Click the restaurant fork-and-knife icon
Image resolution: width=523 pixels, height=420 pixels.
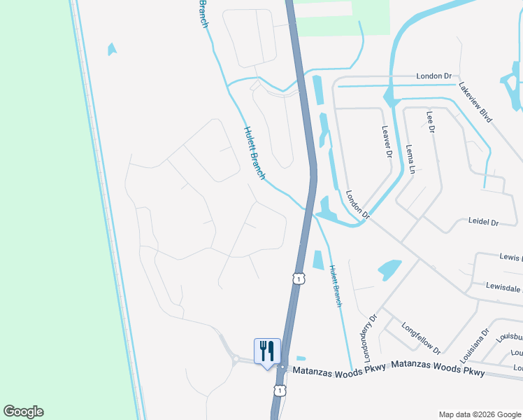click(x=266, y=350)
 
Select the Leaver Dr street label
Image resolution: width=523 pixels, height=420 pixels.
click(x=387, y=141)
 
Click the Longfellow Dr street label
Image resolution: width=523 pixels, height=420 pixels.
click(x=421, y=338)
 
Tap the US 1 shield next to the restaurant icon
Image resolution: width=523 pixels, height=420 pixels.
click(x=279, y=389)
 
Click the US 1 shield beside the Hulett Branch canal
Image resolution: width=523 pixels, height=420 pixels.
click(x=299, y=279)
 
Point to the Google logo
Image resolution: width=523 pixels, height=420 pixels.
click(x=24, y=412)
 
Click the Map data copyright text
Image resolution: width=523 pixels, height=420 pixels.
click(x=480, y=414)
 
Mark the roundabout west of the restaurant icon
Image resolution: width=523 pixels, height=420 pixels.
click(x=236, y=360)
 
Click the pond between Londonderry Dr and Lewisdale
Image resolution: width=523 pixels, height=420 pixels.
click(x=389, y=269)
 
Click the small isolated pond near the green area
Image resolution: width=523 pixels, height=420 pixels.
click(x=111, y=49)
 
